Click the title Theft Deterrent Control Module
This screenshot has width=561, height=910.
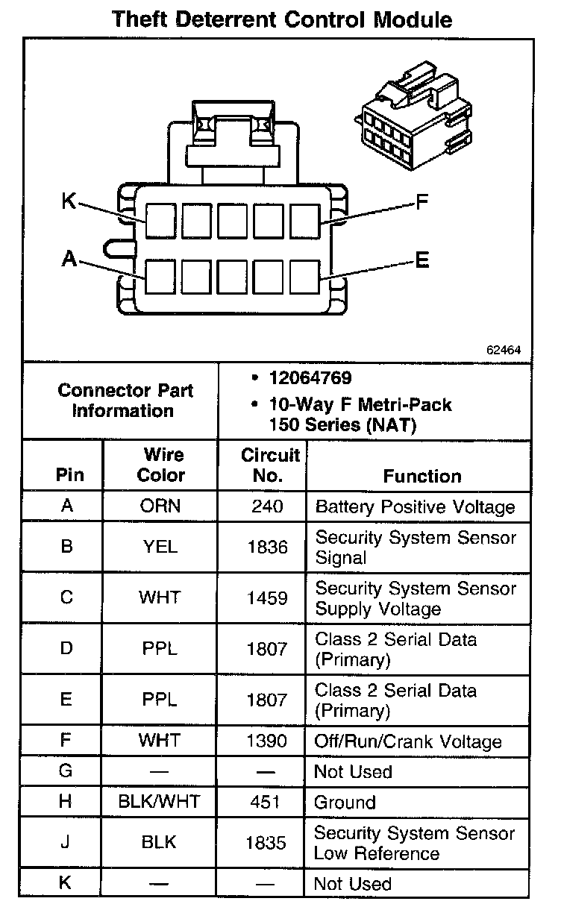[281, 19]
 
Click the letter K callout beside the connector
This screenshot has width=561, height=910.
[69, 201]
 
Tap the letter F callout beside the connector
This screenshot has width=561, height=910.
[422, 201]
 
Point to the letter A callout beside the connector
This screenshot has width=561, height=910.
[69, 259]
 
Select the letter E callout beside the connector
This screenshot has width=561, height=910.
[422, 260]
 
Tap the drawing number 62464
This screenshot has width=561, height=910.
[504, 349]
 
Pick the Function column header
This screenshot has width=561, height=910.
[422, 476]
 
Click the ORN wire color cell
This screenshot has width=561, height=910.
[160, 506]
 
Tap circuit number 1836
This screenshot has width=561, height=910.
[267, 547]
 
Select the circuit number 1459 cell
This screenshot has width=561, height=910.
[267, 598]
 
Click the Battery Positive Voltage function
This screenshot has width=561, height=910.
[415, 507]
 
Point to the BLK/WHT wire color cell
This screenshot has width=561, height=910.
[159, 803]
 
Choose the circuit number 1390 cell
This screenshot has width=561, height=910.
[267, 741]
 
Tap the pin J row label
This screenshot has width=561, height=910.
[66, 843]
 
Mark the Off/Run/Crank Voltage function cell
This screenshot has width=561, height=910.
[407, 742]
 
